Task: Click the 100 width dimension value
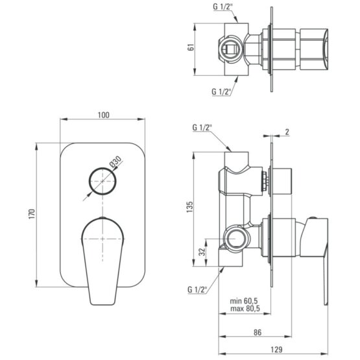coord(104,115)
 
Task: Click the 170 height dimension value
coord(32,214)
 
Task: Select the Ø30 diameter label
coord(115,162)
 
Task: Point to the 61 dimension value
coord(191,47)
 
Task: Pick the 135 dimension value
coord(189,207)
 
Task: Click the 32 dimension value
coord(202,252)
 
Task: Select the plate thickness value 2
coord(287,132)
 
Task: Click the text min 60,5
coord(244,300)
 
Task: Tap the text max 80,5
coord(245,308)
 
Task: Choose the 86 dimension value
coord(258,332)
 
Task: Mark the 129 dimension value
coord(276,350)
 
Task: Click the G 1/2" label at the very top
coord(222,7)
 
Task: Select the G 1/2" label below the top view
coord(221,91)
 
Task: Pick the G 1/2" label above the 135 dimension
coord(202,127)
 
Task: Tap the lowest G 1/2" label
coord(197,289)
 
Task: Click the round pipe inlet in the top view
coord(230,49)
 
